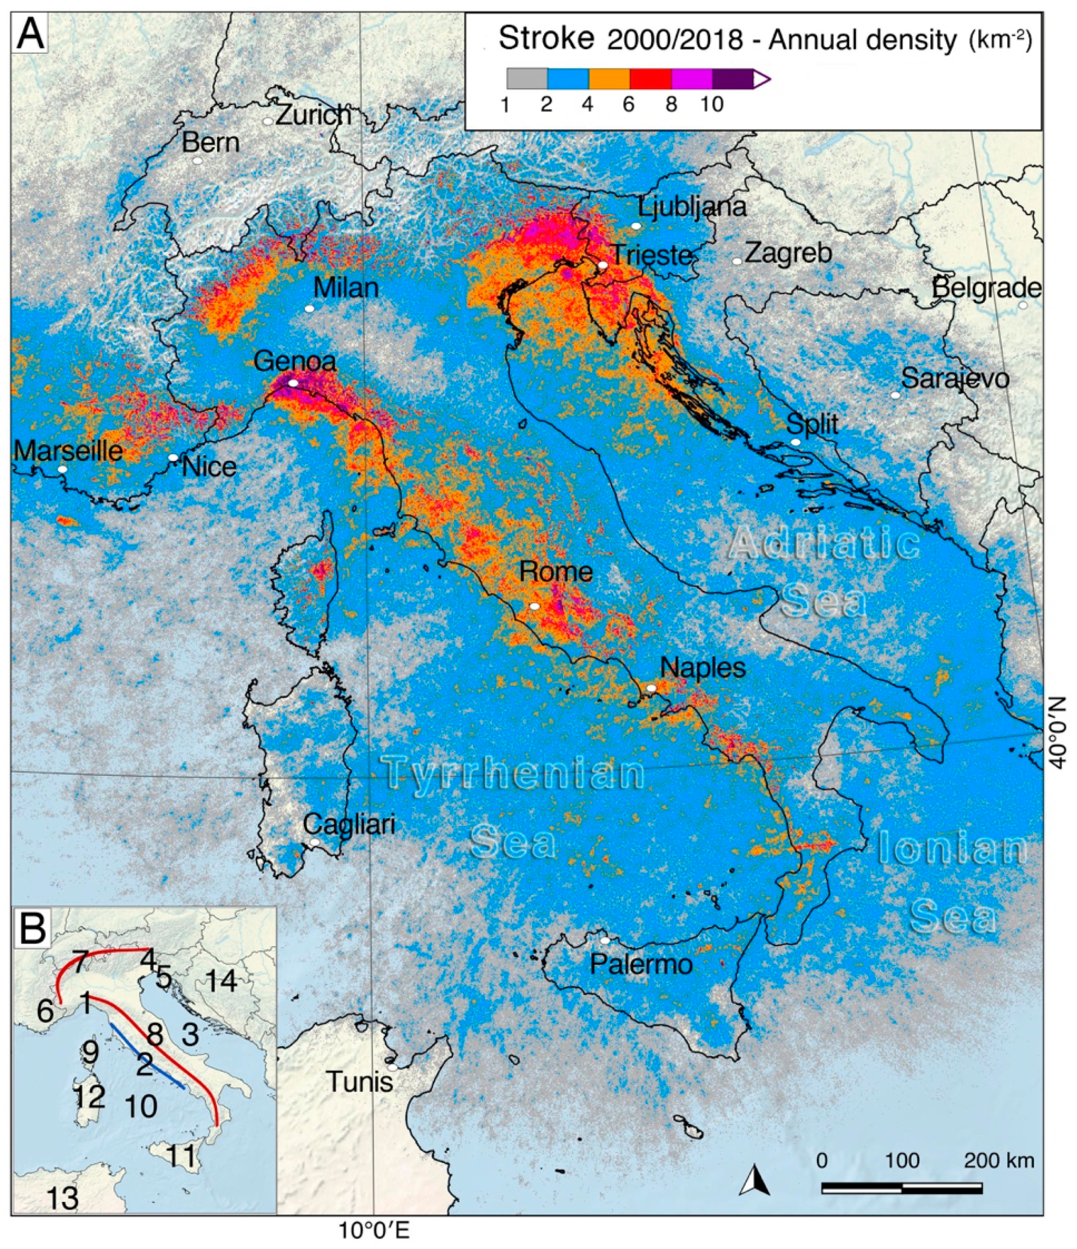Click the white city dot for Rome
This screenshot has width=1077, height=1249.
click(534, 606)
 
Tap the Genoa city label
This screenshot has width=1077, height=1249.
click(295, 362)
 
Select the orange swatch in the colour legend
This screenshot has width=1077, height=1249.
click(609, 78)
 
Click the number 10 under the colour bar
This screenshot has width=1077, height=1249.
click(712, 104)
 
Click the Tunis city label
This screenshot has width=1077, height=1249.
click(360, 1083)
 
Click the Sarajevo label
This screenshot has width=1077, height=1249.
click(955, 379)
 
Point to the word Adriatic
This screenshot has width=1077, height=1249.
click(824, 543)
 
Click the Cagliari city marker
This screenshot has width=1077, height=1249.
click(314, 842)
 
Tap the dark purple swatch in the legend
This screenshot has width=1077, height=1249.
click(732, 78)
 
